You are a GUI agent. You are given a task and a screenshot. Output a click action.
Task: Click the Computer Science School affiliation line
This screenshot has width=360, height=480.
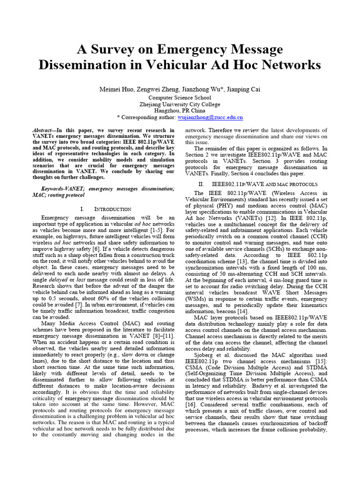(180, 97)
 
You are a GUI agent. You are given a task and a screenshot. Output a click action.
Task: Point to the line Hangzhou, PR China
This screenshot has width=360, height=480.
(180, 111)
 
